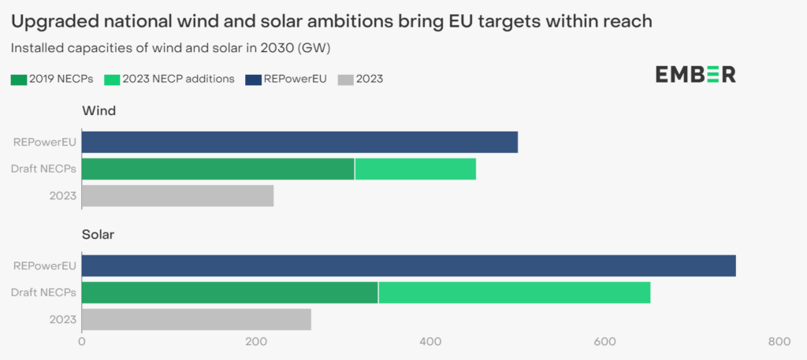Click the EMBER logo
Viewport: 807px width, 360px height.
(x=695, y=75)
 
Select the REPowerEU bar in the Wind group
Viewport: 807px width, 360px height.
(x=299, y=143)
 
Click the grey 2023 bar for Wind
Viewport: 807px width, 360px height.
(x=177, y=195)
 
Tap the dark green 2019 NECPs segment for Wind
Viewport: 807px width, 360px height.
(x=218, y=169)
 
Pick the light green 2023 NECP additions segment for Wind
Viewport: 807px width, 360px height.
(x=415, y=169)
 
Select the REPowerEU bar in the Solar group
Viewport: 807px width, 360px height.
(x=408, y=265)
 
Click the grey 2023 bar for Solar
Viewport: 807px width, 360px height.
(x=196, y=319)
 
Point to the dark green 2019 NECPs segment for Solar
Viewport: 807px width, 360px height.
(x=229, y=292)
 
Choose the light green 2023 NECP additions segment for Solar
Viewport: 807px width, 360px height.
(x=515, y=292)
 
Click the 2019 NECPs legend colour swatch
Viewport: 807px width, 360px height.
(x=19, y=79)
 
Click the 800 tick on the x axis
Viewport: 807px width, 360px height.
(x=779, y=342)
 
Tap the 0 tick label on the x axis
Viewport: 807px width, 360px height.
(x=82, y=342)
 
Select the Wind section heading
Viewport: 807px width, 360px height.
(x=99, y=111)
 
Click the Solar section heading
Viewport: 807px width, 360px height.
(x=99, y=235)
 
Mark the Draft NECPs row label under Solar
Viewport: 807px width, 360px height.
(x=44, y=292)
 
